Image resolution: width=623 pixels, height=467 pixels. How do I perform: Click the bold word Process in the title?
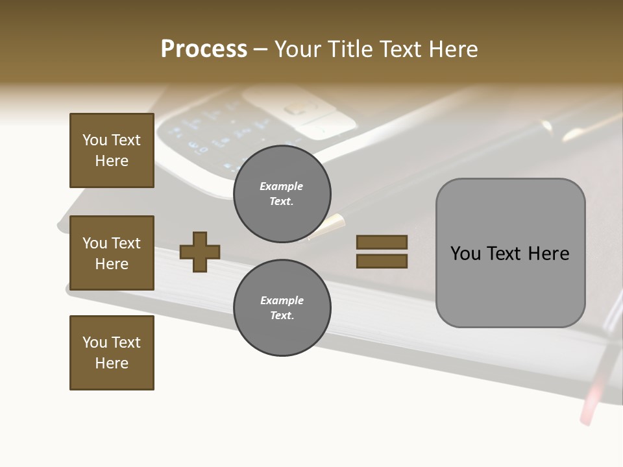coord(204,49)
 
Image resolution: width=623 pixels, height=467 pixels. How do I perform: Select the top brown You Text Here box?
coord(112,150)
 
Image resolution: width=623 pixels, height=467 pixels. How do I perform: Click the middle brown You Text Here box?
coord(112,253)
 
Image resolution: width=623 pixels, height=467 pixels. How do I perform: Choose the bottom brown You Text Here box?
coord(112,353)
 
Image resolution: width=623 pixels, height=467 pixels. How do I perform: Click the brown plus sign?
coord(200,252)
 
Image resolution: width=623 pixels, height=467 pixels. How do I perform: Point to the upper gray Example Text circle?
coord(282,193)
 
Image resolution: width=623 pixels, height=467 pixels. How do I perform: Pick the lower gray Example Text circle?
coord(282,307)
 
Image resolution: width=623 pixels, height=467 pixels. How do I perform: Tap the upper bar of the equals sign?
coord(382,243)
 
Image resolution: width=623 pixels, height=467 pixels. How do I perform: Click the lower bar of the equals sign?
coord(382,261)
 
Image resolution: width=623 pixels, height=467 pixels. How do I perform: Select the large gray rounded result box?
coord(510,253)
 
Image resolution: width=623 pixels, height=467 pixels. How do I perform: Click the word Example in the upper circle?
coord(282,186)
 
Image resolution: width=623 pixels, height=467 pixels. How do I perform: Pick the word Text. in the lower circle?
coord(282,315)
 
